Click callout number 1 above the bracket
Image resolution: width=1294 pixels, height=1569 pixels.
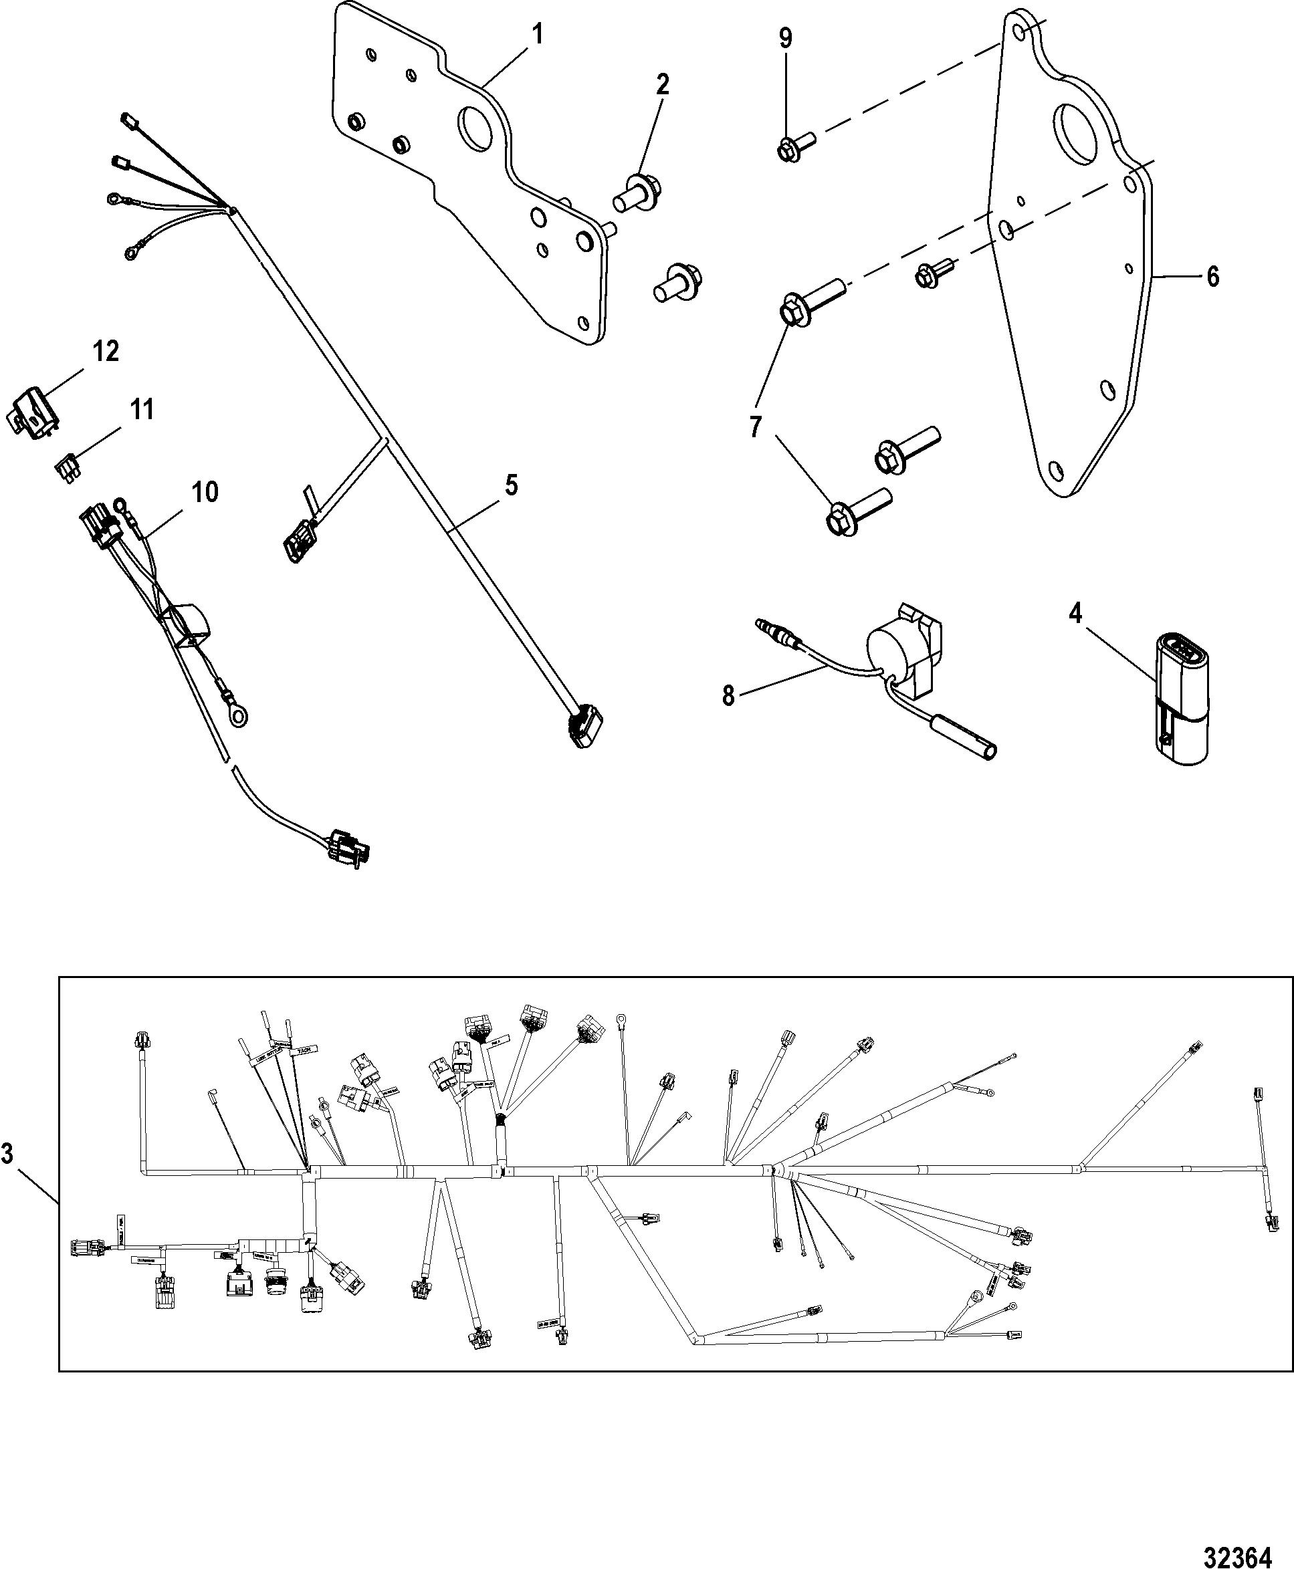click(537, 35)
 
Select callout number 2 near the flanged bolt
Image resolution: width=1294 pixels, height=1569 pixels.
click(662, 84)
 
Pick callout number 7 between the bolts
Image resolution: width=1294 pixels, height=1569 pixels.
click(756, 427)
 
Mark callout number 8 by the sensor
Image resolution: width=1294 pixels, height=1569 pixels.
click(728, 695)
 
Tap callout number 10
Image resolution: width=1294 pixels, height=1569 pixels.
click(205, 492)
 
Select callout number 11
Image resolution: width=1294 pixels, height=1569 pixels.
click(142, 409)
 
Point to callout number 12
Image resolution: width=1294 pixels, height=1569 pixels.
click(106, 351)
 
